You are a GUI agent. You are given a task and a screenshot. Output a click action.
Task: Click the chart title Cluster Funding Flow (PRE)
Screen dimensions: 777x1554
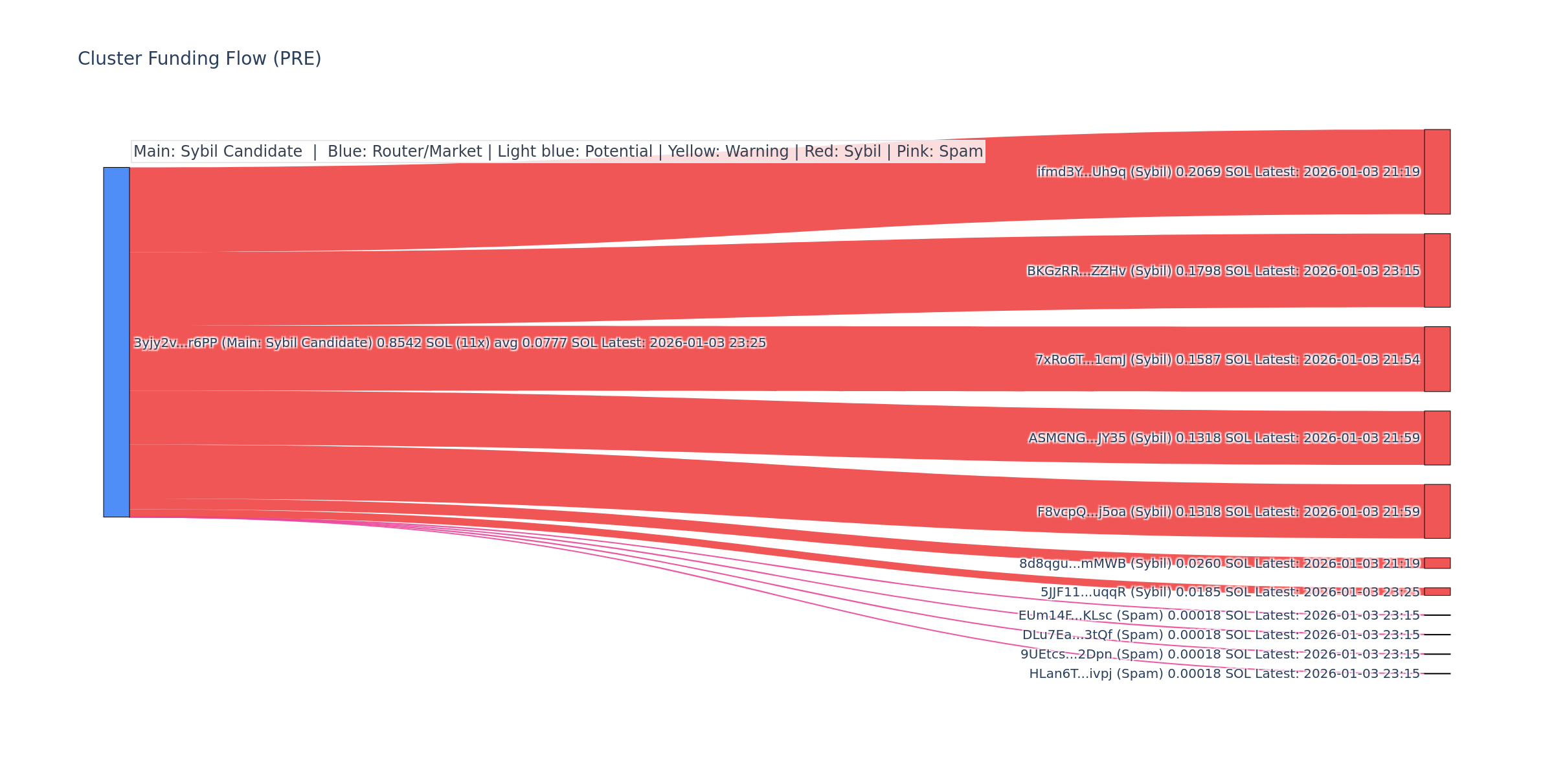199,59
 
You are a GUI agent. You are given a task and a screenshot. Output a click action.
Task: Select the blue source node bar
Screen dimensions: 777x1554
117,342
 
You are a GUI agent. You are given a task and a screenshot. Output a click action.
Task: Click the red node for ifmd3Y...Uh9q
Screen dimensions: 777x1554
1437,172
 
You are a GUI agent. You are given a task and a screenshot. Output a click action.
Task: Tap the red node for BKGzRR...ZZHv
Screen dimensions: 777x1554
1437,270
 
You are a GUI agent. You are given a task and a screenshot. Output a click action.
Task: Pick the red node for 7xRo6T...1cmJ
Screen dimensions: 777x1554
1437,359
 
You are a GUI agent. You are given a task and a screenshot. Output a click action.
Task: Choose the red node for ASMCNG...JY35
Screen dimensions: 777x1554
1437,438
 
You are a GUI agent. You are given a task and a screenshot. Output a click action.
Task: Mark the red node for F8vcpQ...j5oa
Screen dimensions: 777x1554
1437,511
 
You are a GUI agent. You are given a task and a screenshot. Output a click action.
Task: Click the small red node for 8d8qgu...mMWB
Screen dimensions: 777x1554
1437,563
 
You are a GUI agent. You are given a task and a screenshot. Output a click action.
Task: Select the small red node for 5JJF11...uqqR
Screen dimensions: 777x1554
1437,591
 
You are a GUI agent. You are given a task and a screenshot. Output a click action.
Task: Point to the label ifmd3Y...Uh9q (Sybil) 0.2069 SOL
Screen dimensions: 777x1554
1228,172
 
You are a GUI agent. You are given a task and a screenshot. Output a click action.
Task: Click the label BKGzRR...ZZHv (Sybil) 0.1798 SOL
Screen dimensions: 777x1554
1223,271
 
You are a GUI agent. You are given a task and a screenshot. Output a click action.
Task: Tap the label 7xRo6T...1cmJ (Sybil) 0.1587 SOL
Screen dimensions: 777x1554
1227,359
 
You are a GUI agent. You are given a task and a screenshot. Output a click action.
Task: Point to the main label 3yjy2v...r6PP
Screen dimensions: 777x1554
449,343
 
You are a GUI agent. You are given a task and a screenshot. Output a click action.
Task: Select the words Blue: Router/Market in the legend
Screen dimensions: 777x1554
405,152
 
